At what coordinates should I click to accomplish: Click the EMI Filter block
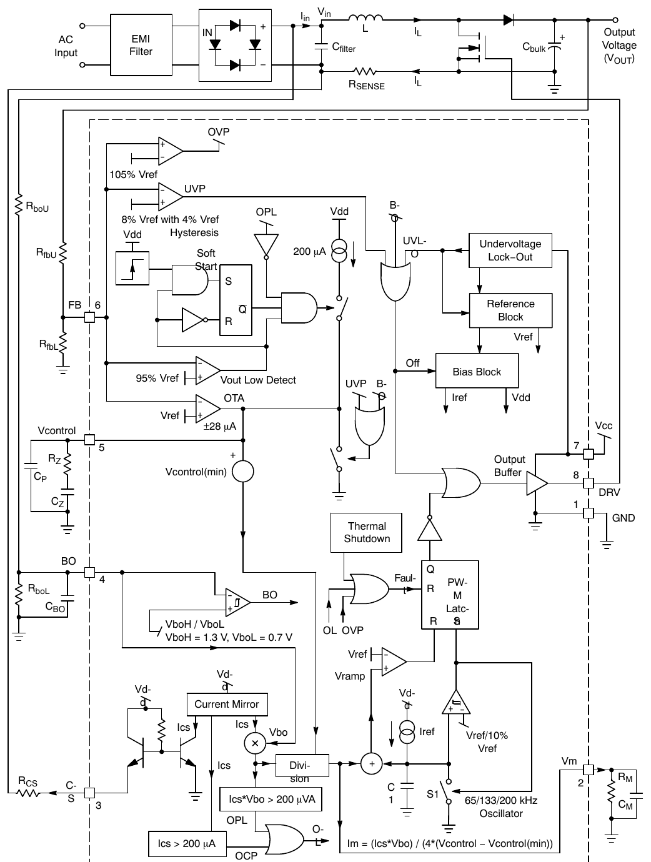coord(141,45)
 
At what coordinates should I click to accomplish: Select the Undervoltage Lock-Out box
coord(510,250)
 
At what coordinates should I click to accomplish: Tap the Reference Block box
coord(510,310)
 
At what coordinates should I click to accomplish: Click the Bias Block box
coord(477,370)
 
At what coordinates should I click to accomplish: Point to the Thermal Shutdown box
coord(366,533)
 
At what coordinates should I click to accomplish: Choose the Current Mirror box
coord(227,704)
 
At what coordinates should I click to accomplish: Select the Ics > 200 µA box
coord(187,843)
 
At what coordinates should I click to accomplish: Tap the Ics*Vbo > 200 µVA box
coord(271,799)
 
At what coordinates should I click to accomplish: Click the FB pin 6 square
coord(89,317)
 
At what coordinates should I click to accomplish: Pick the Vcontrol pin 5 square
coord(89,440)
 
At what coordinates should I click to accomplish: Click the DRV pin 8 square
coord(588,483)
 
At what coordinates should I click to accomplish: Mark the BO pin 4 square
coord(89,572)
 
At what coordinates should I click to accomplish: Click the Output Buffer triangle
coord(536,483)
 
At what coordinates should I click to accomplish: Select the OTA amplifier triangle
coord(207,409)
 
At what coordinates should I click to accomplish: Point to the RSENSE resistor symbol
coord(365,71)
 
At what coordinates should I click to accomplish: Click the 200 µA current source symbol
coord(339,250)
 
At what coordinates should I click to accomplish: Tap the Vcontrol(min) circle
coord(242,471)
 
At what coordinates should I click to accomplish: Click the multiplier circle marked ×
coord(255,743)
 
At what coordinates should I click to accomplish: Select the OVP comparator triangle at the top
coord(170,151)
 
